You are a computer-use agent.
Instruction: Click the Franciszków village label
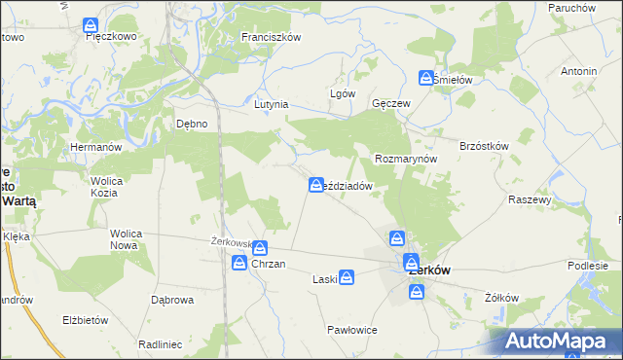tap(272, 37)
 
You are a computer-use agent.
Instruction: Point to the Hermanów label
tap(94, 147)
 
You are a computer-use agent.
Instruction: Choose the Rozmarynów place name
tap(405, 159)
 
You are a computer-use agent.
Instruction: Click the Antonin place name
tap(578, 72)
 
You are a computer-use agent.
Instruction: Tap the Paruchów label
tap(571, 8)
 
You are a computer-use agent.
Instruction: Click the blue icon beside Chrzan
tap(238, 263)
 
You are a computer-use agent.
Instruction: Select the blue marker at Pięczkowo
tap(91, 24)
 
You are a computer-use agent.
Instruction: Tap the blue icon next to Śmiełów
tap(426, 78)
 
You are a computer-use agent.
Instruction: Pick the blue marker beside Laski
tap(347, 278)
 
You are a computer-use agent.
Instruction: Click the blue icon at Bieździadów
tap(316, 184)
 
